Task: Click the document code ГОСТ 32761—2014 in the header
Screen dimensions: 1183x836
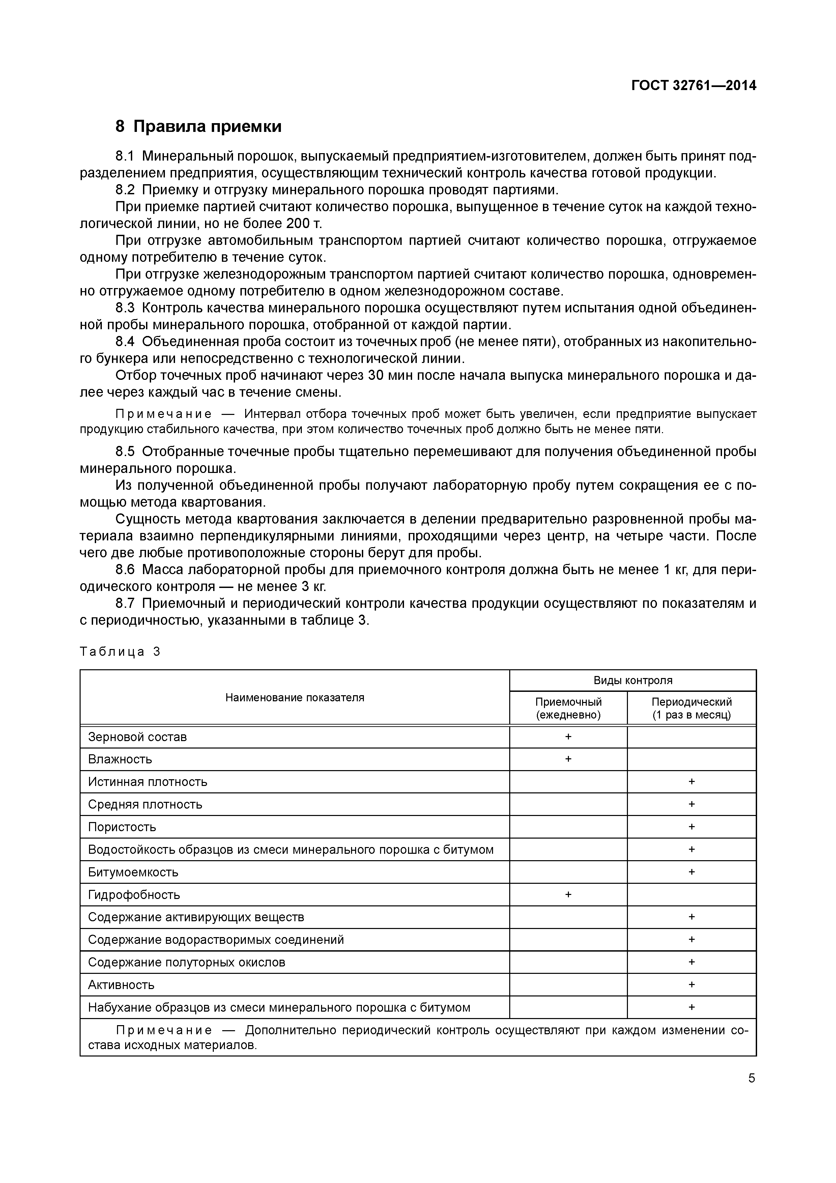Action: (694, 86)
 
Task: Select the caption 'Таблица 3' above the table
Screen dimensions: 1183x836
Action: (120, 652)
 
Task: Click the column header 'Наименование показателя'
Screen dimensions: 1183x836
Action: (295, 698)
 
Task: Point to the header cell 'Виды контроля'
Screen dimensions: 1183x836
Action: (633, 680)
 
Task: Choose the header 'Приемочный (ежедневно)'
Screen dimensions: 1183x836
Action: (568, 708)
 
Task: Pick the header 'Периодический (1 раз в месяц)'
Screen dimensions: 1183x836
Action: (691, 708)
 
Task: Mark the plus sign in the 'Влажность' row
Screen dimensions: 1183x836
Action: (568, 759)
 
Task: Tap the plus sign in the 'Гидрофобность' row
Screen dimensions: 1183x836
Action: (568, 895)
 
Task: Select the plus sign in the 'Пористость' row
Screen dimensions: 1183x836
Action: (691, 826)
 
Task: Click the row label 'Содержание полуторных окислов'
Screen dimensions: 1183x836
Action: (186, 962)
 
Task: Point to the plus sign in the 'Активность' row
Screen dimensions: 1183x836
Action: (691, 985)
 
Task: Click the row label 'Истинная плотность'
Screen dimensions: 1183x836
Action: (147, 782)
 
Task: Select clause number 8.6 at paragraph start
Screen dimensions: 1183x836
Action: (125, 570)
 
